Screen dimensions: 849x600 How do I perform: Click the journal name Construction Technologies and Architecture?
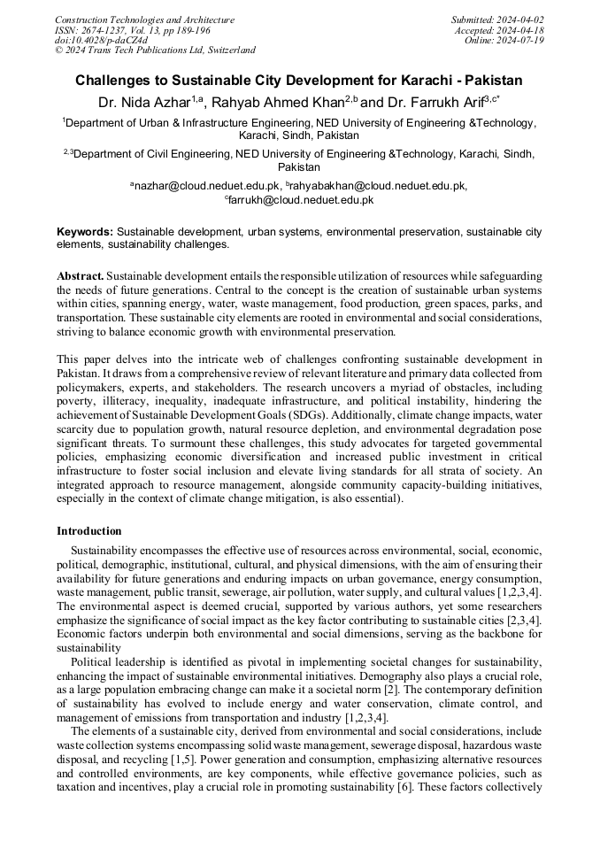pos(144,19)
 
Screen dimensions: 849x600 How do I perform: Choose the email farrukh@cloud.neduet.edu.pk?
pos(301,200)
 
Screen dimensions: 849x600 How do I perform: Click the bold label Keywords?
pos(85,231)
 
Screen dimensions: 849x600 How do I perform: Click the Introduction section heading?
pos(89,531)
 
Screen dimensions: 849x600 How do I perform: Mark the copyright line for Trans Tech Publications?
pos(155,50)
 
